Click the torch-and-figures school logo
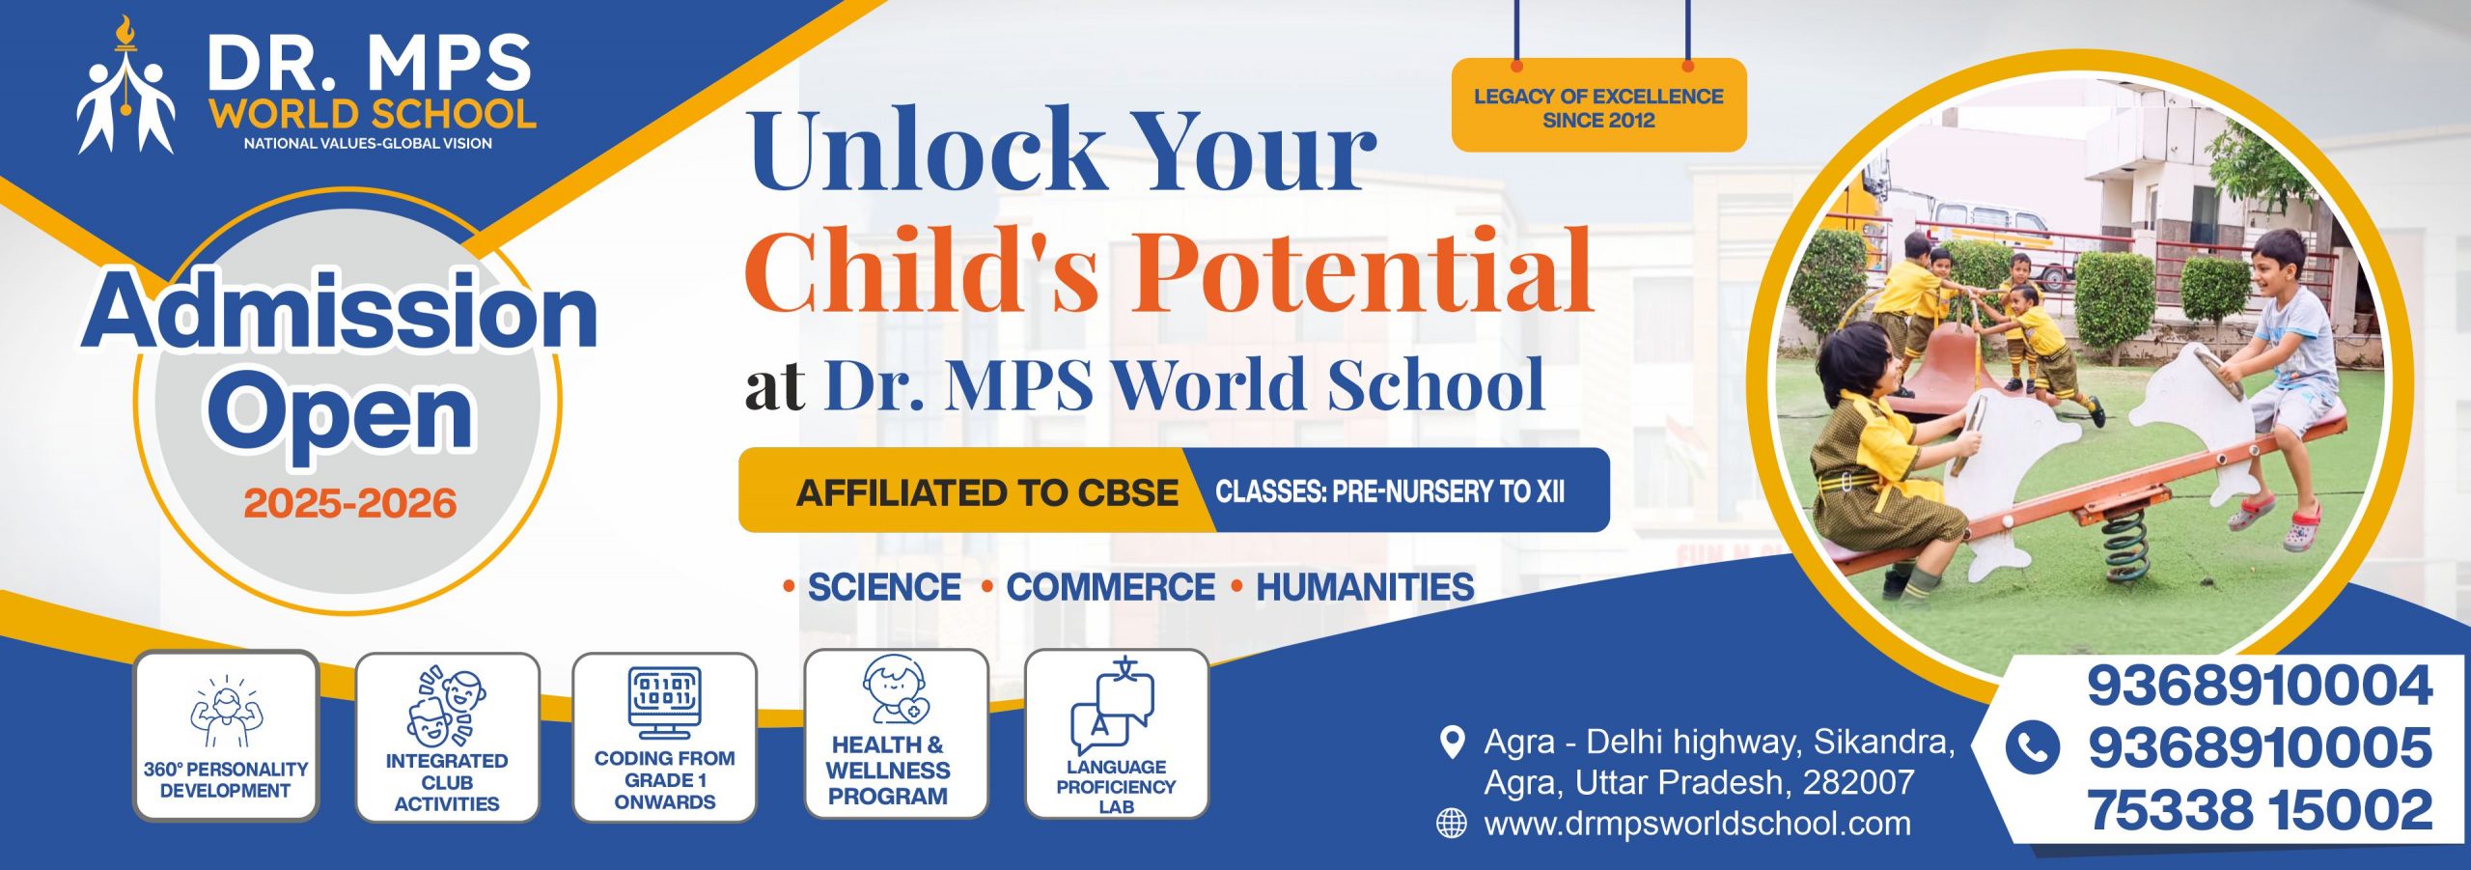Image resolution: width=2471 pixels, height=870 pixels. (126, 87)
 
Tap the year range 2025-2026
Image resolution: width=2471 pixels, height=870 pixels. (349, 503)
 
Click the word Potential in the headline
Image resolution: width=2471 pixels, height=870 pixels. (1362, 271)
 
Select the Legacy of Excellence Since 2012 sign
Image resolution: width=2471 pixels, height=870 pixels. (1598, 105)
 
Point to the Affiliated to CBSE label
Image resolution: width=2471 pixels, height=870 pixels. (986, 492)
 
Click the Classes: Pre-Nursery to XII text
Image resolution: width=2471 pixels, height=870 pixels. (1390, 491)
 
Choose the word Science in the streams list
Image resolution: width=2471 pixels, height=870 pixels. (883, 587)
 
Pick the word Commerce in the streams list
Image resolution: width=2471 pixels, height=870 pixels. (1110, 587)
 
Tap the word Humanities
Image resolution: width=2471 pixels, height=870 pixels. (1365, 587)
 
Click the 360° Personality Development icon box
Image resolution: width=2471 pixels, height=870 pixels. (226, 736)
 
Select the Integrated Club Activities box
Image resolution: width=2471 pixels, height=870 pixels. (447, 738)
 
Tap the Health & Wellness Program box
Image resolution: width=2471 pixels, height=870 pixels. (897, 734)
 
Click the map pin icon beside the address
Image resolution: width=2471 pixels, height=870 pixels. (1451, 743)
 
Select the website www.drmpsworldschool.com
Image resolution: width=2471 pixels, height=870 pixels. (1697, 824)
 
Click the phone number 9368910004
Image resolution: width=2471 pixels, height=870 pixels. (2260, 686)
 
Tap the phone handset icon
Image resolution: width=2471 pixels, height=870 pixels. (2032, 747)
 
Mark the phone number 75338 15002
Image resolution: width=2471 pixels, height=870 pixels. (2260, 809)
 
